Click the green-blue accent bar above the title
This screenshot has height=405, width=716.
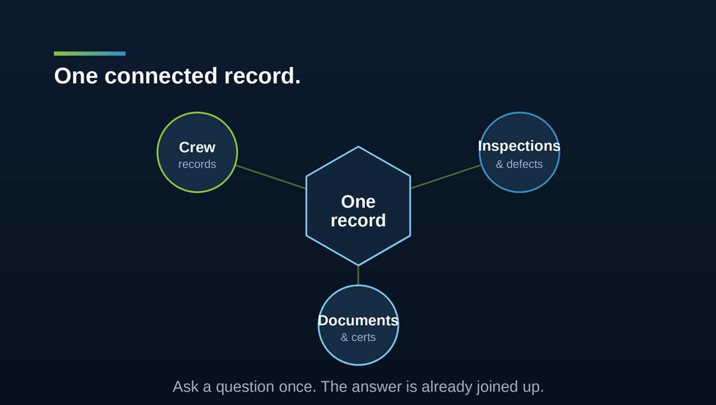click(89, 54)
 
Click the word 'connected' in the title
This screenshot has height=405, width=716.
click(161, 76)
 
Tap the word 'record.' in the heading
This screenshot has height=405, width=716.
click(262, 76)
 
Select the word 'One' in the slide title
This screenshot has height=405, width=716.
click(76, 76)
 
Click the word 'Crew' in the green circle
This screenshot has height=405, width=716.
click(197, 148)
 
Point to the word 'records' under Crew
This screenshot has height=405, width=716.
click(197, 164)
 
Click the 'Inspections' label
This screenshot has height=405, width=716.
click(519, 146)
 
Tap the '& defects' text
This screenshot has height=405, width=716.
click(519, 164)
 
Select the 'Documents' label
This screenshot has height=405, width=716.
click(358, 320)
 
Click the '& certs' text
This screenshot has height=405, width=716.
click(358, 338)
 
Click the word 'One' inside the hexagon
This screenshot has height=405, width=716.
click(358, 202)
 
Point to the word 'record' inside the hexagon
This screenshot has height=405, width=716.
click(358, 221)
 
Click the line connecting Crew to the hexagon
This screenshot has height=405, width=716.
click(271, 177)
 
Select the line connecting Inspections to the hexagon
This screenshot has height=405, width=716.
click(445, 177)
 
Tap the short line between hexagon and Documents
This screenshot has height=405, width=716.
click(358, 275)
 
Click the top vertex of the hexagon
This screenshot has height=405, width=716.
click(358, 147)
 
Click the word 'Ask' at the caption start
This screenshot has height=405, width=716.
click(185, 387)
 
